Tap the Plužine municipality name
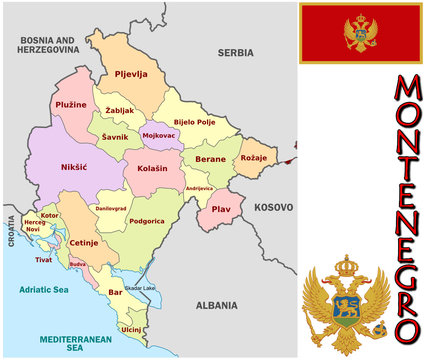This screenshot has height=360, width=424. pyautogui.click(x=71, y=104)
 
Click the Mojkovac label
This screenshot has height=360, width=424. pyautogui.click(x=158, y=134)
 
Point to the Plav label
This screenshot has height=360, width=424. pyautogui.click(x=221, y=210)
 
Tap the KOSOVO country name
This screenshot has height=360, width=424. pyautogui.click(x=274, y=209)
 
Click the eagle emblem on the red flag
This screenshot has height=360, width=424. pyautogui.click(x=360, y=33)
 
